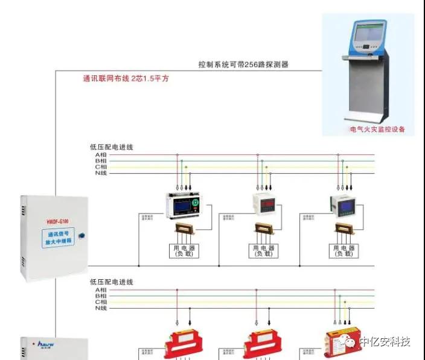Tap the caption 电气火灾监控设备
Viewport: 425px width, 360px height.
pos(377,129)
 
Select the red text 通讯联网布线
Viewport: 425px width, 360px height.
pos(107,78)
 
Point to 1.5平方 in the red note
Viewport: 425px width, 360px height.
pos(155,78)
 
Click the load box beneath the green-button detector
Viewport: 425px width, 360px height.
pos(184,251)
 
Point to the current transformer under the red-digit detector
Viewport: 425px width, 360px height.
pos(263,229)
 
